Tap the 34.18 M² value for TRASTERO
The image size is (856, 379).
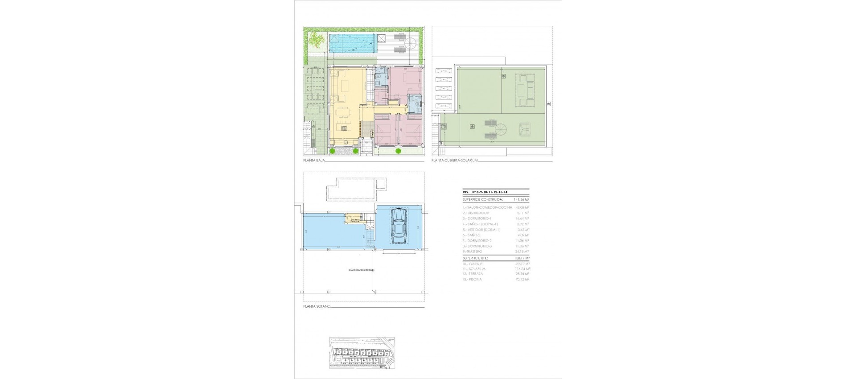pyautogui.click(x=522, y=251)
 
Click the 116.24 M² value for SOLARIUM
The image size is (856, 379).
pyautogui.click(x=522, y=269)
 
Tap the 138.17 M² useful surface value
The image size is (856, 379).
pyautogui.click(x=522, y=258)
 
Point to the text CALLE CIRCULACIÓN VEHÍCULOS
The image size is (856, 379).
pyautogui.click(x=362, y=270)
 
